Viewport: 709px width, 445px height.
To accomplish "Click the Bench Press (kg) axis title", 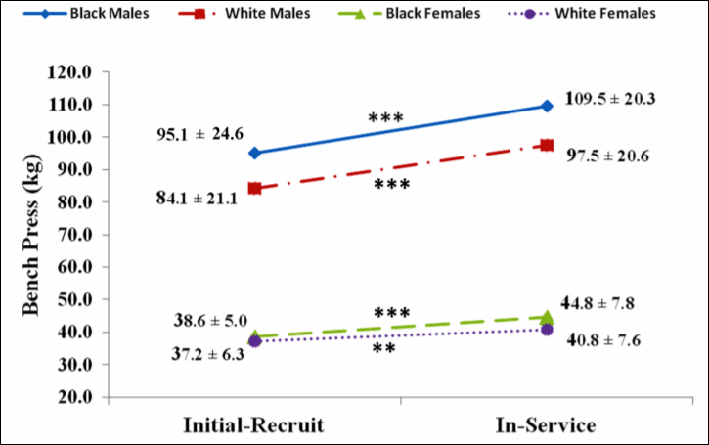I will coord(34,234).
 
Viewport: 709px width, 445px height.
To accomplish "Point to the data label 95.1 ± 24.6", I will coord(200,134).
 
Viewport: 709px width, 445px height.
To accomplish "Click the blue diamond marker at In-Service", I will coord(547,106).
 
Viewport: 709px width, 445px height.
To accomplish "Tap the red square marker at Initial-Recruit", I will coord(254,188).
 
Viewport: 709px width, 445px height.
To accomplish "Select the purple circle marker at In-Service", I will coord(547,330).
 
